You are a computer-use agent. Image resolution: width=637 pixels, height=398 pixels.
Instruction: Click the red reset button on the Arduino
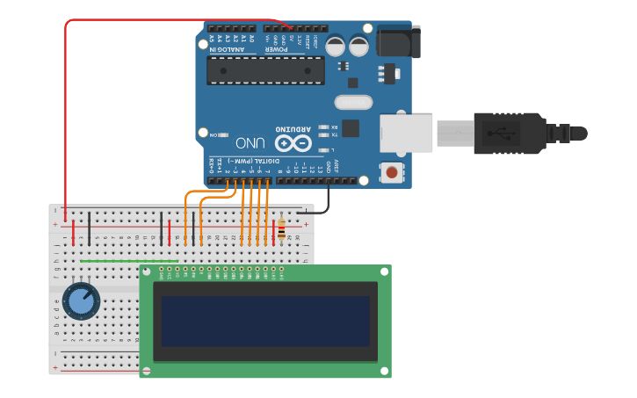[391, 172]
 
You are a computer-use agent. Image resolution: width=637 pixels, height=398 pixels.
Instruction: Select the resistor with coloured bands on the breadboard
[281, 230]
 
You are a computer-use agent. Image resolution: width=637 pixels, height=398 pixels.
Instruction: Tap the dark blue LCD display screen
[264, 321]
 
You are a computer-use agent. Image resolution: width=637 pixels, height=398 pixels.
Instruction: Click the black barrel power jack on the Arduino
[398, 41]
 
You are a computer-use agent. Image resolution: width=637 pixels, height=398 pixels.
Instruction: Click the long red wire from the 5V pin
[66, 105]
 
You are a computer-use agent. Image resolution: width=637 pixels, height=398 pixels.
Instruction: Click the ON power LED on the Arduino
[221, 135]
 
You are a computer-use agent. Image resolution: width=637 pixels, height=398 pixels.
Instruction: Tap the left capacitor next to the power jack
[336, 47]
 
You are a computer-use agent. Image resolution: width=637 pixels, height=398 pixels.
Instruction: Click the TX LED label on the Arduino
[335, 134]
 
